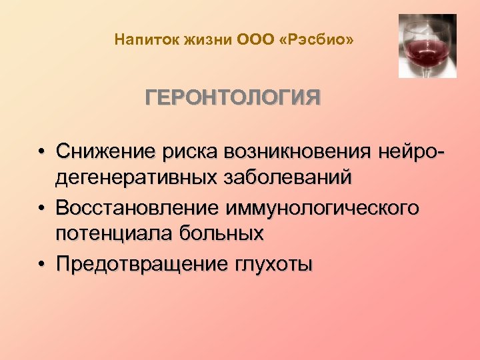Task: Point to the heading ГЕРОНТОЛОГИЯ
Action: click(x=233, y=99)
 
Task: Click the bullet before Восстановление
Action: click(x=42, y=209)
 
